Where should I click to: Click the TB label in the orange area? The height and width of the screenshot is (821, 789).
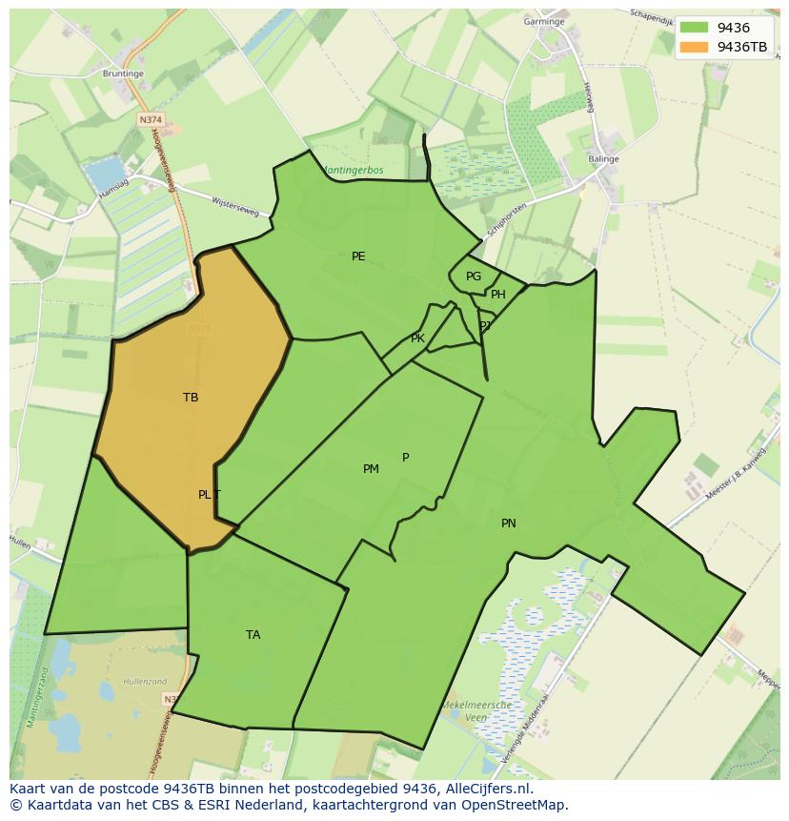191,398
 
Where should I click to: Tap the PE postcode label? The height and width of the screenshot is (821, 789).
358,257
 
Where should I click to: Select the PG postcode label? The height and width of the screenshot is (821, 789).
474,277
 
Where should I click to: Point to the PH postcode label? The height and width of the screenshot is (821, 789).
498,295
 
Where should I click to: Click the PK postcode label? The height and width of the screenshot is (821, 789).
417,339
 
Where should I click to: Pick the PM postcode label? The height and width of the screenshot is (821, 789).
371,469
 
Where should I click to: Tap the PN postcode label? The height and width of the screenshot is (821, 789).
509,523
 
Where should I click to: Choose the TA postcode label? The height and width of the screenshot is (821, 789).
253,635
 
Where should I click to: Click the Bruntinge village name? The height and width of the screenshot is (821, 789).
123,72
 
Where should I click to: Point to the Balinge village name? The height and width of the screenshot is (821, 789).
604,159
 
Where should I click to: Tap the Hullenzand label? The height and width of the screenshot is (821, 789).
146,683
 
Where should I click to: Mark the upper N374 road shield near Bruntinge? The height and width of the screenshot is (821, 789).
150,120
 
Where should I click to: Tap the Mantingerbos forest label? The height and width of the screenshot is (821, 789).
353,171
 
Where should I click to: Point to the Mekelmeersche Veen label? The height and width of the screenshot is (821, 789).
476,711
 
